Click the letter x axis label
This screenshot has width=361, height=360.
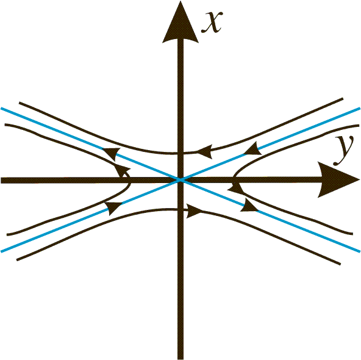(212, 23)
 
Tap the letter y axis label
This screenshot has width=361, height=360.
(343, 149)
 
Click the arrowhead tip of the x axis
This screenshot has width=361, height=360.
(180, 1)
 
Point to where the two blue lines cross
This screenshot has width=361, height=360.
(180, 180)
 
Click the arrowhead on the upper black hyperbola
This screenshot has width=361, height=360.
(204, 152)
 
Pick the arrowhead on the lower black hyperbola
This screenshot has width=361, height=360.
(195, 211)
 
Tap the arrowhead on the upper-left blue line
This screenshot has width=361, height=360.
(112, 154)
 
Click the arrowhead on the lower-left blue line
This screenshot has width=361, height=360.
(113, 208)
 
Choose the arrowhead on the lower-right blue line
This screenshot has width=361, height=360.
(249, 206)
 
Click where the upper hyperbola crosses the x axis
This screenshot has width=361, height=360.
(180, 153)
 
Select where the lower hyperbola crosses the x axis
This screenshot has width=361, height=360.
(180, 210)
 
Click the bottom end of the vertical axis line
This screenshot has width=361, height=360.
(180, 359)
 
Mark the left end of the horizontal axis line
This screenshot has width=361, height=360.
(1, 180)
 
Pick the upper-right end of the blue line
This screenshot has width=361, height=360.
(360, 108)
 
